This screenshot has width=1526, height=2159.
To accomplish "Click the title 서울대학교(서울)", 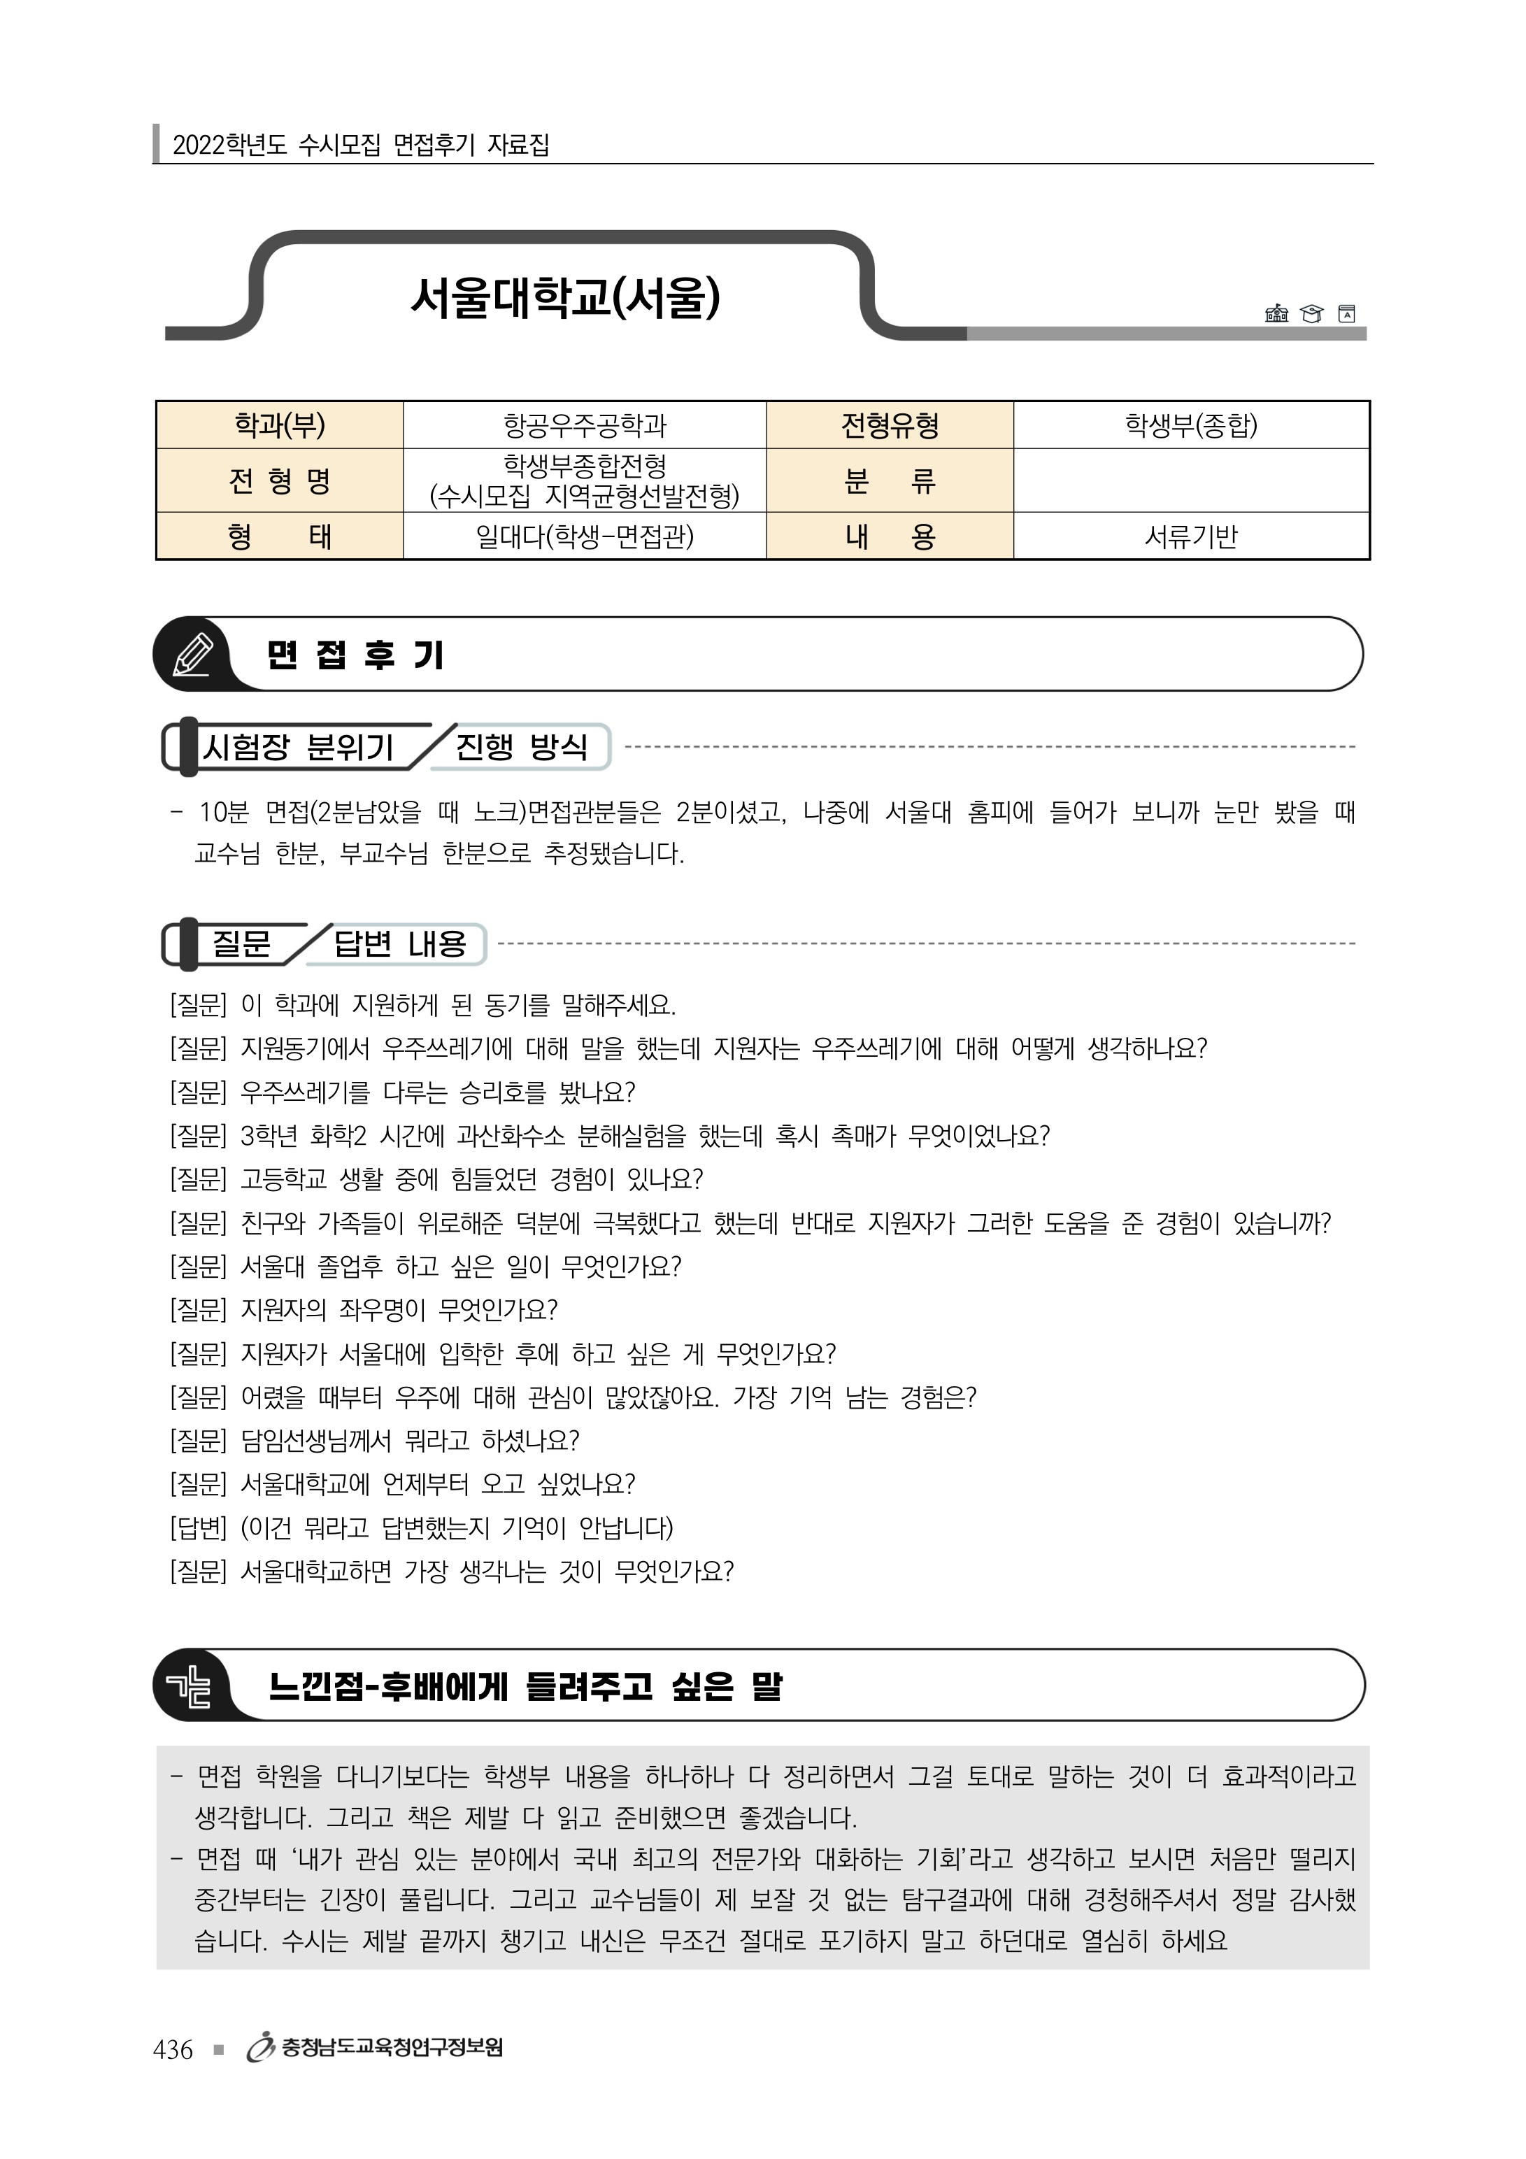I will click(565, 298).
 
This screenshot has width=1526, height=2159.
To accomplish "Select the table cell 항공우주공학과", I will click(585, 426).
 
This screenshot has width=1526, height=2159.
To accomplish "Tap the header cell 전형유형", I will click(890, 426).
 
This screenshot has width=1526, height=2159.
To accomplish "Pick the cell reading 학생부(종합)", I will click(1190, 426).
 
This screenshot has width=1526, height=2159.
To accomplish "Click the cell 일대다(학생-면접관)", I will click(585, 536).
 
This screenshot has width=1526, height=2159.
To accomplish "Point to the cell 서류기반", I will click(1190, 536).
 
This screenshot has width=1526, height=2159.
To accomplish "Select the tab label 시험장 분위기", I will click(297, 748).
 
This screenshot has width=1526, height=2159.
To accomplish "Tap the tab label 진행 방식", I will click(521, 748).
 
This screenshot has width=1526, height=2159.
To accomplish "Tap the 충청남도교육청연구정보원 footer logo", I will click(376, 2048).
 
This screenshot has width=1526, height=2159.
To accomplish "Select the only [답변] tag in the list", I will click(199, 1527).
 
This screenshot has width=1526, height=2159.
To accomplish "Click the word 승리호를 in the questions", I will click(502, 1092).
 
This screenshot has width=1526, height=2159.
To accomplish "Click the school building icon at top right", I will click(1276, 313).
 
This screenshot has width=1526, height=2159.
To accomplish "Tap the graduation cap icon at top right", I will click(1311, 313).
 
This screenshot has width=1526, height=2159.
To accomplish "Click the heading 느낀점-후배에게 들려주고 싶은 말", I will click(525, 1686).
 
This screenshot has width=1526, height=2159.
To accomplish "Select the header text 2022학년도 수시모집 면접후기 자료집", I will click(361, 145).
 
